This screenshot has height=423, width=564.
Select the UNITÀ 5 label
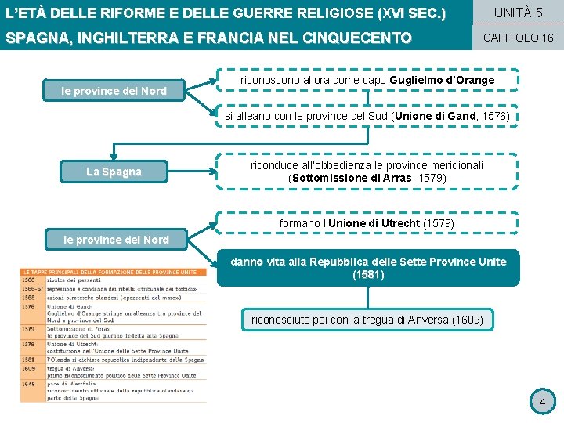click(x=518, y=13)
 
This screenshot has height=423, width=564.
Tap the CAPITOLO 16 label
click(x=518, y=38)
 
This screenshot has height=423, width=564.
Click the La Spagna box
click(x=114, y=172)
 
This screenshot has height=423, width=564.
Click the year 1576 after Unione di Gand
click(x=491, y=116)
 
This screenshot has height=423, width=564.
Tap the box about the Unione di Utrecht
click(x=367, y=223)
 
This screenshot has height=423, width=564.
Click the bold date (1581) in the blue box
click(x=368, y=275)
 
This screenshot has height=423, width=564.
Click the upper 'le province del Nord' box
click(x=114, y=91)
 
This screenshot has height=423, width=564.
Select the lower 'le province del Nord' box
click(x=116, y=240)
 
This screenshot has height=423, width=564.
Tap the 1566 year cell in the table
click(x=28, y=280)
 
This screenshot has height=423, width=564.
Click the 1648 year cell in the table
click(x=28, y=384)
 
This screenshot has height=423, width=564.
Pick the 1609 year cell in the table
click(x=28, y=368)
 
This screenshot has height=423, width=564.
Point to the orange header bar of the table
click(x=114, y=272)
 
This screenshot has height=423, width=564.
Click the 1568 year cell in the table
click(x=28, y=297)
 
